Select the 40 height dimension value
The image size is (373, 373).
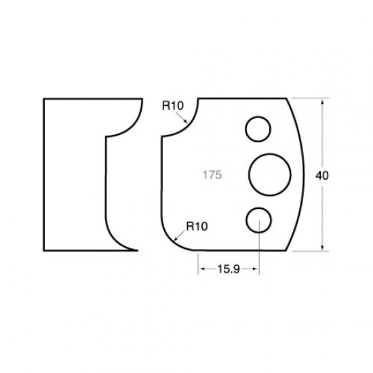pos(322,175)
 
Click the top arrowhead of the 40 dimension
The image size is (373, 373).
pos(323,102)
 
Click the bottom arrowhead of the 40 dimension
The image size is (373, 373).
pos(323,248)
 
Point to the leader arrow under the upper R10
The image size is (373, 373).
pos(185,119)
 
